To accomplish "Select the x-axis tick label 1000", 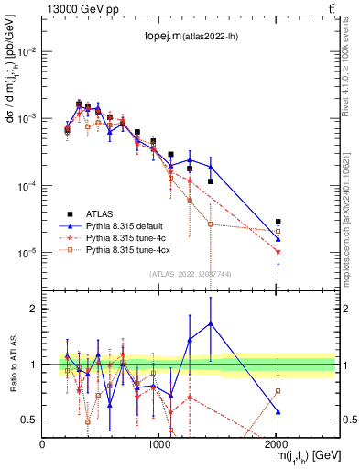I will (x=159, y=443).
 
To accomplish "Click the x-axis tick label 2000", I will (x=277, y=443).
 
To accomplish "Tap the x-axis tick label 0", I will (x=42, y=443).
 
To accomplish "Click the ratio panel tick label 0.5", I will (x=29, y=420).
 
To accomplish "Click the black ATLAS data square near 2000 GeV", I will (x=278, y=222).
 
